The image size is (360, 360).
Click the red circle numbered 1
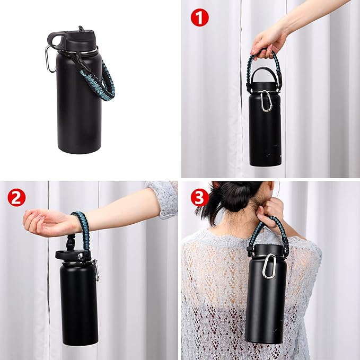[199, 17]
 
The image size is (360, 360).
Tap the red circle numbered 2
[16, 198]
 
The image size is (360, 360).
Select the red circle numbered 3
[199, 198]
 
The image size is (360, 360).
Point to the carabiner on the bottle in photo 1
[266, 101]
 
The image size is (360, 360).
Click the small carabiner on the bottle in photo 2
[96, 270]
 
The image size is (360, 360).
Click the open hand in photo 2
[45, 222]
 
